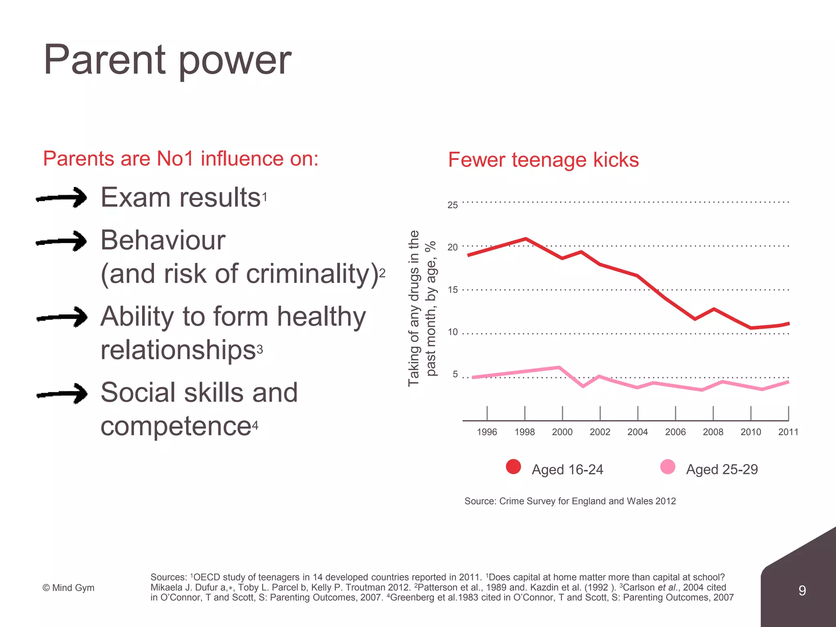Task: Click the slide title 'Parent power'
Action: tap(167, 60)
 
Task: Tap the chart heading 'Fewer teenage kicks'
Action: tap(543, 160)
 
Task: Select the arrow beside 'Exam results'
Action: tap(62, 198)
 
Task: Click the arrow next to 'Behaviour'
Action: tap(62, 241)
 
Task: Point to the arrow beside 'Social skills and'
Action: tap(62, 394)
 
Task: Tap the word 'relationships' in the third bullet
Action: tap(178, 350)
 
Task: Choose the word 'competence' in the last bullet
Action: tap(176, 426)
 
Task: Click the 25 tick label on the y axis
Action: tap(452, 205)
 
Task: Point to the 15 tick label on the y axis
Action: tap(452, 290)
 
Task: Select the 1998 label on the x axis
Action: tap(525, 432)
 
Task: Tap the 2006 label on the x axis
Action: tap(675, 432)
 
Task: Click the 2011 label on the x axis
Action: tap(788, 432)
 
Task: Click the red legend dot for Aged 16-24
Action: tap(513, 467)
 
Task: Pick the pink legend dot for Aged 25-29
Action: tap(668, 467)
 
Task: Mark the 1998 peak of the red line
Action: tap(526, 238)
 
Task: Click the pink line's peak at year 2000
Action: tap(559, 367)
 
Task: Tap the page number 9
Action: tap(802, 590)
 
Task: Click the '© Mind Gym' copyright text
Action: tap(69, 588)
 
